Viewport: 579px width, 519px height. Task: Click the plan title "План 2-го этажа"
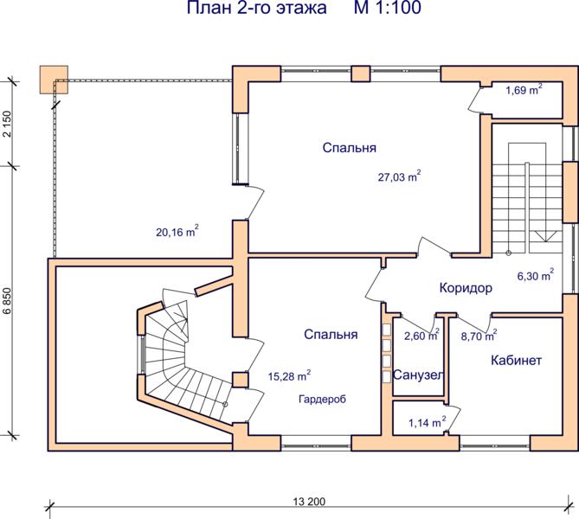click(257, 8)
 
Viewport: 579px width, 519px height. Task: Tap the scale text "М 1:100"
click(388, 8)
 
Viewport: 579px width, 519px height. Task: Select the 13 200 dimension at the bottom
click(310, 502)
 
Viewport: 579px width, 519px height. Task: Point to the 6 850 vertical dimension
click(8, 301)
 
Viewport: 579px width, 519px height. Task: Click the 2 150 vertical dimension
click(8, 124)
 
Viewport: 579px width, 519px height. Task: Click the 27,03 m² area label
click(399, 176)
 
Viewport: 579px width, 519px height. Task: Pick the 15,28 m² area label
click(289, 375)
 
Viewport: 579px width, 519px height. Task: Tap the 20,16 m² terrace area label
click(177, 232)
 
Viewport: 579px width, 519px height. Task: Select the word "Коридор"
click(466, 287)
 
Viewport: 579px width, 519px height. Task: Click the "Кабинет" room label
click(516, 360)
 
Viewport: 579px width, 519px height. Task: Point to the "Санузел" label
click(418, 375)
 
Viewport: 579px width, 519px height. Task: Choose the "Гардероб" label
click(322, 399)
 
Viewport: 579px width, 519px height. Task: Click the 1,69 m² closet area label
click(524, 89)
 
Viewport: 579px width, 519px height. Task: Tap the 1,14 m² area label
click(428, 422)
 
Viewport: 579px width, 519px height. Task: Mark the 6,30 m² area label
click(536, 275)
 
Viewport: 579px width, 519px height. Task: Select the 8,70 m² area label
click(479, 336)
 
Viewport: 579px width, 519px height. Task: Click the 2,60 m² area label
click(421, 336)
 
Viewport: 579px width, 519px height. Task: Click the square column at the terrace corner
click(54, 80)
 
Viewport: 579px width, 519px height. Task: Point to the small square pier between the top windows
click(360, 74)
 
